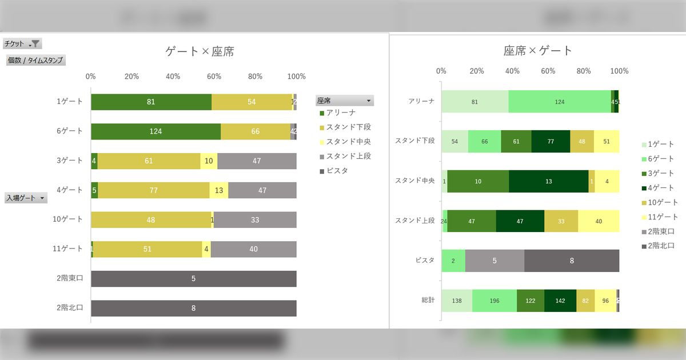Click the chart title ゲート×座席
pos(200,51)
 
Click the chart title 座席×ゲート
pos(538,50)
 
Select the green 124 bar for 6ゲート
pos(155,131)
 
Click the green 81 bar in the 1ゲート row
pos(151,102)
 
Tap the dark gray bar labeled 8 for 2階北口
pos(193,308)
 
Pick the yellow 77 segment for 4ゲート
pos(153,190)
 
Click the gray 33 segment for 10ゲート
pos(255,220)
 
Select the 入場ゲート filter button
pos(26,198)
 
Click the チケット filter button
pos(22,43)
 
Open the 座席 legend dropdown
pos(345,101)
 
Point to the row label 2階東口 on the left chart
pos(70,279)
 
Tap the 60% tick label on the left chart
pos(214,77)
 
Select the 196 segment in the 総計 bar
pos(494,301)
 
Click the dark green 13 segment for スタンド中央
pos(549,181)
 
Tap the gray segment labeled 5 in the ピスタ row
pos(494,261)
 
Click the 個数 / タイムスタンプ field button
pos(35,60)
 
